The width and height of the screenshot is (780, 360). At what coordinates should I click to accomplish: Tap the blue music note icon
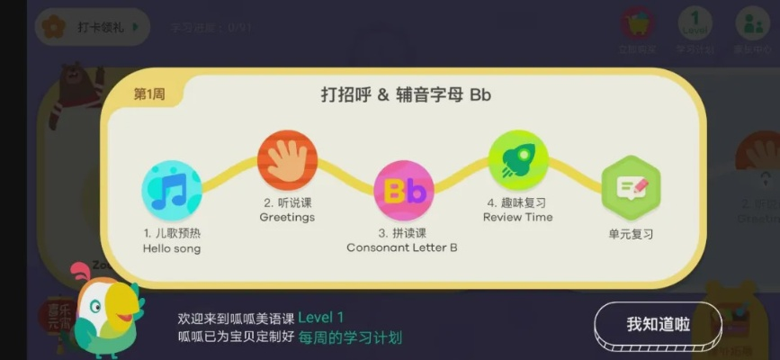pyautogui.click(x=172, y=190)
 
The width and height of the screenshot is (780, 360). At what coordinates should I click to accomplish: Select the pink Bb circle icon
pyautogui.click(x=403, y=190)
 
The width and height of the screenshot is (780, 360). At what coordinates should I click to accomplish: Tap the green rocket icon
pyautogui.click(x=518, y=160)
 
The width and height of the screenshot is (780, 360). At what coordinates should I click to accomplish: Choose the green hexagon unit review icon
pyautogui.click(x=631, y=187)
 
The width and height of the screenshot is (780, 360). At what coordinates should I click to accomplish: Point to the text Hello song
pyautogui.click(x=172, y=248)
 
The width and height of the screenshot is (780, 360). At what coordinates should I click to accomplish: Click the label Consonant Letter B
pyautogui.click(x=402, y=247)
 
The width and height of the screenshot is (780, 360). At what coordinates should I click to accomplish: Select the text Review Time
pyautogui.click(x=518, y=218)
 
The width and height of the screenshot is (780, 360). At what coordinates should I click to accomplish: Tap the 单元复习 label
pyautogui.click(x=631, y=234)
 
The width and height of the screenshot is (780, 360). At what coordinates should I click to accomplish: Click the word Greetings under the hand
pyautogui.click(x=287, y=218)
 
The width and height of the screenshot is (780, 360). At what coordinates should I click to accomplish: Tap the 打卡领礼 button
pyautogui.click(x=92, y=27)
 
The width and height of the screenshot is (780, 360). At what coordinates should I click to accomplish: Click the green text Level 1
pyautogui.click(x=321, y=318)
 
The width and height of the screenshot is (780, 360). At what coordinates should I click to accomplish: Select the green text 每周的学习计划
pyautogui.click(x=357, y=338)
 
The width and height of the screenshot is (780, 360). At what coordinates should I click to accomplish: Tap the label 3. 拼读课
pyautogui.click(x=402, y=232)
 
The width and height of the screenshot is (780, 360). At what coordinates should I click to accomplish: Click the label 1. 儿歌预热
pyautogui.click(x=172, y=233)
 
